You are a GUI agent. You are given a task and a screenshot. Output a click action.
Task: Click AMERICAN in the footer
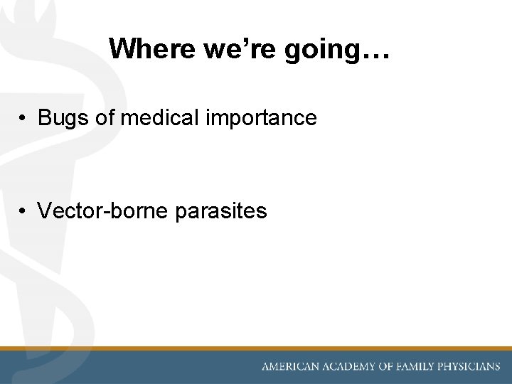(291, 367)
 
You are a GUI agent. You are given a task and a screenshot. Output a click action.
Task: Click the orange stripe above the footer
(256, 348)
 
